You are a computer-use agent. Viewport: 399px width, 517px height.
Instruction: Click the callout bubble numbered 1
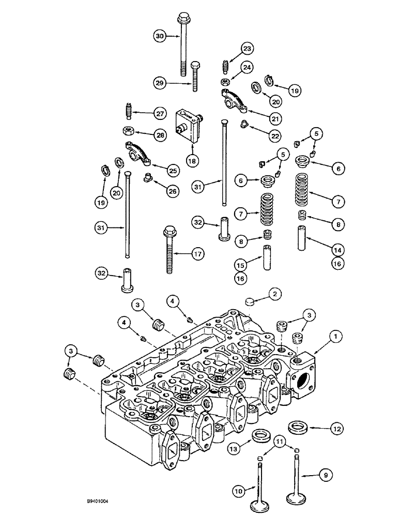(323, 336)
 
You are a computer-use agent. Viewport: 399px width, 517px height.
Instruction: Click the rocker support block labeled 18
(188, 126)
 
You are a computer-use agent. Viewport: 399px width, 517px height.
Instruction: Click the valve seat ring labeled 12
(298, 427)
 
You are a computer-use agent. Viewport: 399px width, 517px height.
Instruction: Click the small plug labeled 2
(250, 302)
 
